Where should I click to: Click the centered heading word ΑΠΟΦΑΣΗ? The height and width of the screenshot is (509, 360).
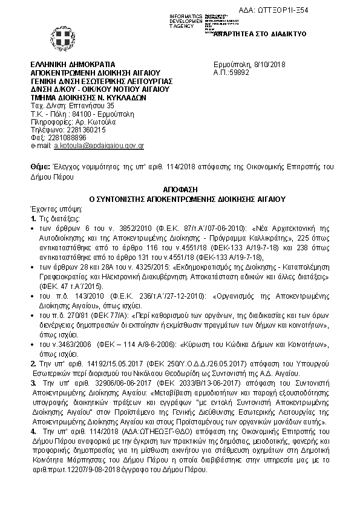(179, 189)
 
